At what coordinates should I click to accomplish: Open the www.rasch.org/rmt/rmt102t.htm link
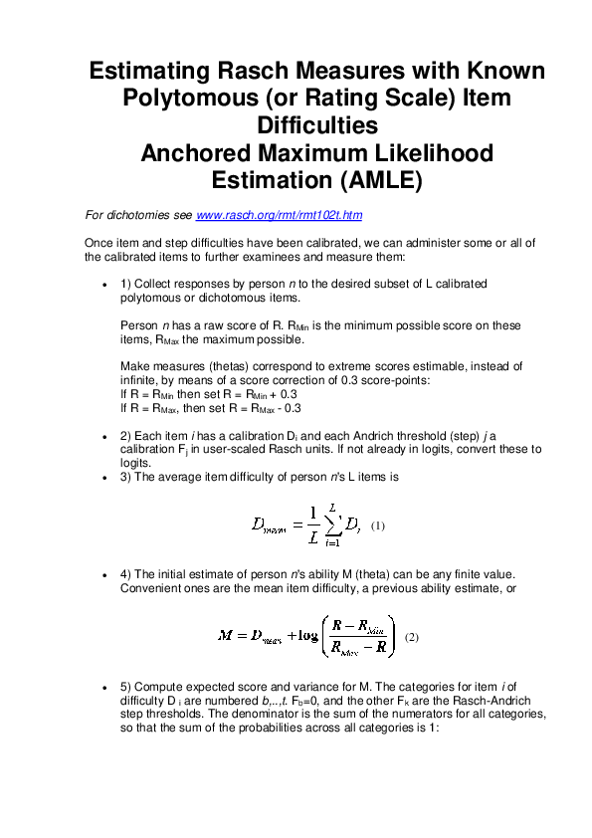280,215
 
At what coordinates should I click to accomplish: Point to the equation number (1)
377,524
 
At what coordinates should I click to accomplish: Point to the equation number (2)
413,637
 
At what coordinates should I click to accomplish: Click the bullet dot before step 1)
105,285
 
